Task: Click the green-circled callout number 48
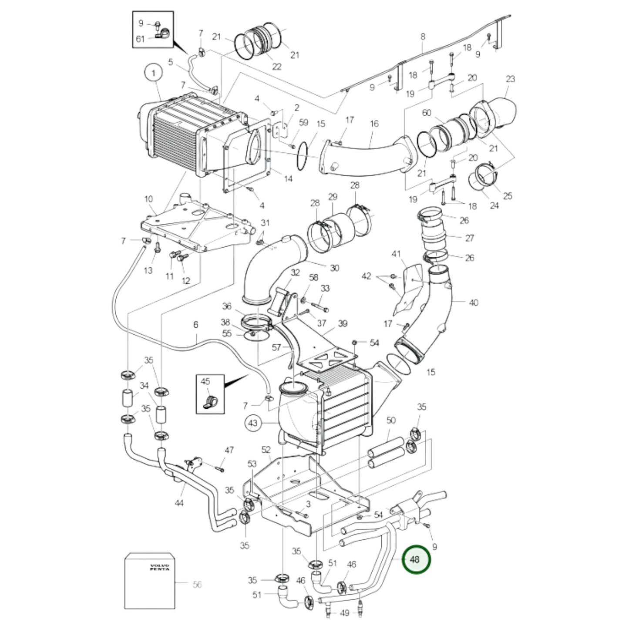[x=415, y=559]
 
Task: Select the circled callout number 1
[x=153, y=74]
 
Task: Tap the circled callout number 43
[x=253, y=423]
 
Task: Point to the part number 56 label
[x=197, y=585]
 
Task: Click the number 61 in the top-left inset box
[x=140, y=39]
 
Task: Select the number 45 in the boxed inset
[x=205, y=381]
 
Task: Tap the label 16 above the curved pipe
[x=374, y=124]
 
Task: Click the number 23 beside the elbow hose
[x=510, y=79]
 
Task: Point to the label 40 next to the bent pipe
[x=473, y=302]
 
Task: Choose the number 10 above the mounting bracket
[x=149, y=199]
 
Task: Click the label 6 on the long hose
[x=195, y=325]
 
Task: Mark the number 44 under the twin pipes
[x=179, y=503]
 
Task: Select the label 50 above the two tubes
[x=391, y=420]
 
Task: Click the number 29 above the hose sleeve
[x=333, y=197]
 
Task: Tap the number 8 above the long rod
[x=423, y=37]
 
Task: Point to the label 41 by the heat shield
[x=396, y=254]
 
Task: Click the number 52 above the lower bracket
[x=266, y=450]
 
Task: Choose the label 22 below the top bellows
[x=277, y=67]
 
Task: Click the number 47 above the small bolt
[x=229, y=450]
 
